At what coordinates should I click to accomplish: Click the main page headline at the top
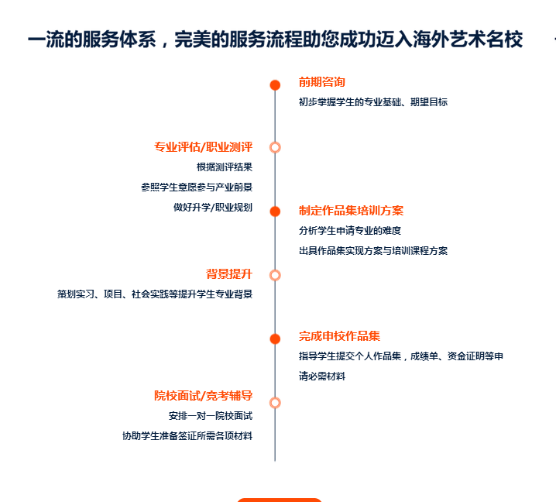click(x=275, y=40)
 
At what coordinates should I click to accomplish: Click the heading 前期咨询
click(x=322, y=82)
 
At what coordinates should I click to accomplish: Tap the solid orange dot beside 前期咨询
click(x=275, y=85)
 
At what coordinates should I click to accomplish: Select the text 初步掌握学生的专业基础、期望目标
click(x=373, y=102)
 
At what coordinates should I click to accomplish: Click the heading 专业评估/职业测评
click(x=203, y=146)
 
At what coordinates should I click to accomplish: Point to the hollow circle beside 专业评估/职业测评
click(x=275, y=147)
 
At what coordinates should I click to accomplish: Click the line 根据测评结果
click(x=225, y=167)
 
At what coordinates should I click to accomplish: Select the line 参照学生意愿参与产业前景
click(x=197, y=187)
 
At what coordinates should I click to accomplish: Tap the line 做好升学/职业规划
click(x=213, y=207)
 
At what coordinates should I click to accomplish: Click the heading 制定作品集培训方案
click(x=351, y=211)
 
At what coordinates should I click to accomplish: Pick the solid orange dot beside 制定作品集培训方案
click(x=275, y=211)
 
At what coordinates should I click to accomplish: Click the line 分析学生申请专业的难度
click(x=350, y=230)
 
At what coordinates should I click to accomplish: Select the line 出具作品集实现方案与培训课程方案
click(x=373, y=250)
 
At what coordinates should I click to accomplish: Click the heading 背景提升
click(x=229, y=273)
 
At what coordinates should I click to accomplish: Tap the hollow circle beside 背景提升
click(x=275, y=275)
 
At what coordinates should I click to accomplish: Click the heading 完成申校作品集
click(x=339, y=336)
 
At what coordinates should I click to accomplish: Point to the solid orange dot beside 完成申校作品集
click(x=275, y=339)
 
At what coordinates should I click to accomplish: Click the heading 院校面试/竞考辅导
click(x=203, y=396)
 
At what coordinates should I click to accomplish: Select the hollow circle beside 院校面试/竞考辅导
click(x=275, y=403)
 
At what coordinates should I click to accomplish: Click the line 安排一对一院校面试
click(x=211, y=416)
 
